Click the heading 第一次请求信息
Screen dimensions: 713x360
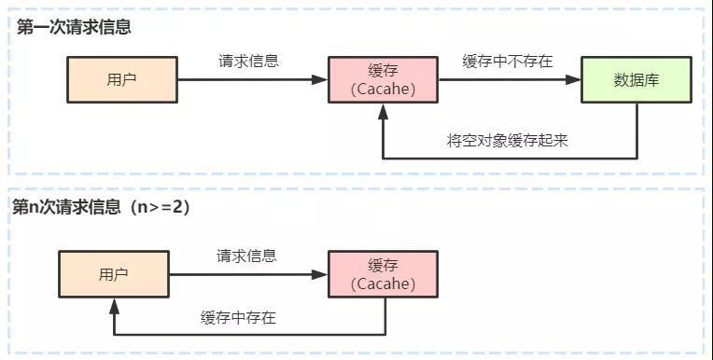pyautogui.click(x=74, y=27)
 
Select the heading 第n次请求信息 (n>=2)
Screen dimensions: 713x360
pyautogui.click(x=101, y=207)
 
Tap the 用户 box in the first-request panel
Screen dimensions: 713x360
pyautogui.click(x=122, y=79)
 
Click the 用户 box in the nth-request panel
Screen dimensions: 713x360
pyautogui.click(x=114, y=274)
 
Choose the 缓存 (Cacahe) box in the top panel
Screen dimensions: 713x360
pyautogui.click(x=383, y=79)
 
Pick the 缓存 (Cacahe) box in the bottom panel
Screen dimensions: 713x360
pyautogui.click(x=383, y=274)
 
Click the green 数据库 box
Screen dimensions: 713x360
pyautogui.click(x=636, y=79)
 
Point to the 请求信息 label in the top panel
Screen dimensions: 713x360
pyautogui.click(x=248, y=61)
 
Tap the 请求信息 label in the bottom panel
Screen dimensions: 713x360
pyautogui.click(x=246, y=256)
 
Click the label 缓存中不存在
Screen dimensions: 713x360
pyautogui.click(x=508, y=61)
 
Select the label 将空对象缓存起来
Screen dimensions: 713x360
pyautogui.click(x=508, y=141)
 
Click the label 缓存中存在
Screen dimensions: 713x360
pyautogui.click(x=238, y=317)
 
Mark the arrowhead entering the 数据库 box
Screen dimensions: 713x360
pyautogui.click(x=574, y=80)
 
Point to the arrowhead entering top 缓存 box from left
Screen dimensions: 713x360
pyautogui.click(x=320, y=80)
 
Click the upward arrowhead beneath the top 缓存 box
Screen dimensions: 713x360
pyautogui.click(x=384, y=111)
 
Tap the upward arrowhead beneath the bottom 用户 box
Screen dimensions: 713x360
pyautogui.click(x=114, y=306)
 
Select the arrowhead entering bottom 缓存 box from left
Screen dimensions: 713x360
pyautogui.click(x=320, y=274)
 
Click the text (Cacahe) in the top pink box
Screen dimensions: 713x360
pyautogui.click(x=383, y=90)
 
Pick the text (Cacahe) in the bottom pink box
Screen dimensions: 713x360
pyautogui.click(x=383, y=284)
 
